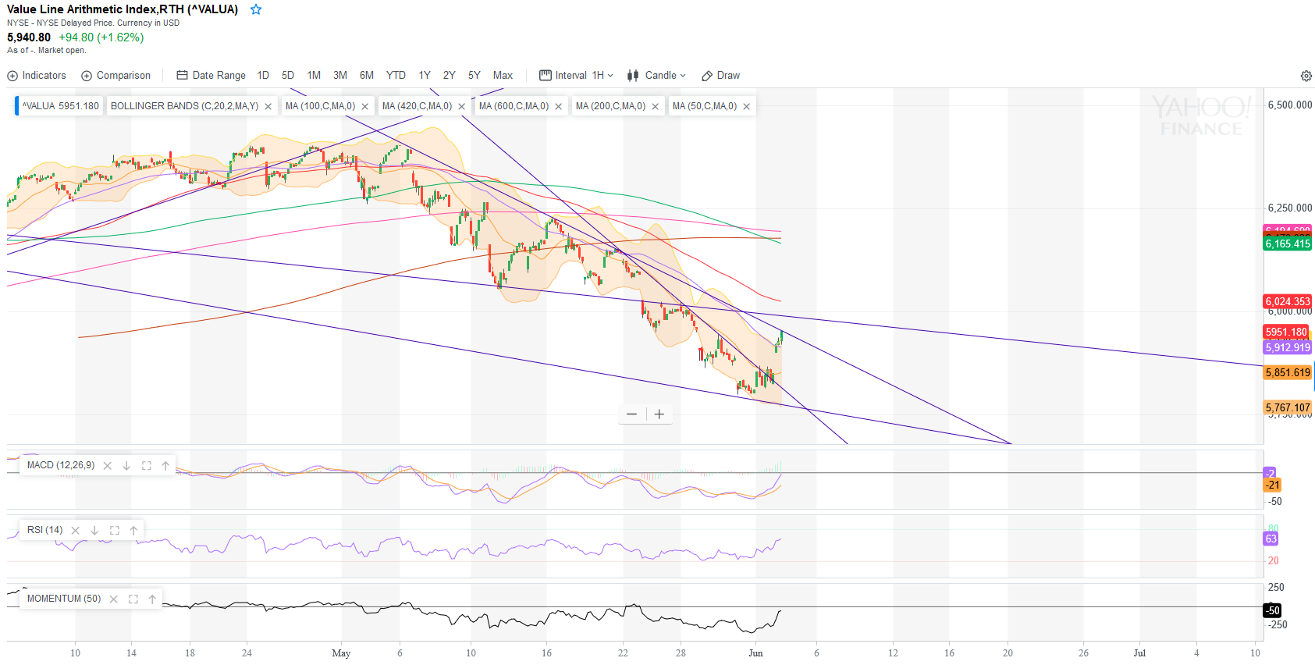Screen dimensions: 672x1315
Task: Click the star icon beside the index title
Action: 256,9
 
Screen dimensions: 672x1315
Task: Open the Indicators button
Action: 37,76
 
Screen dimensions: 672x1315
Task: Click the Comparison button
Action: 116,76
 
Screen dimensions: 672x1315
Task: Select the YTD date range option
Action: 396,76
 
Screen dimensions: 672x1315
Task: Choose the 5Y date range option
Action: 474,76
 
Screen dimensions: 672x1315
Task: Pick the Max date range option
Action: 503,76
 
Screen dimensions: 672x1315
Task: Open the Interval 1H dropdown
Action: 577,76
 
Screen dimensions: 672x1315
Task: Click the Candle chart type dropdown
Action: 657,76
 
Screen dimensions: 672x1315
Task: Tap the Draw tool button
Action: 720,76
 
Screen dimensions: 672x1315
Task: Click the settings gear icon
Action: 1306,76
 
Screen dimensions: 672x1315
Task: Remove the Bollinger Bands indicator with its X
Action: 268,107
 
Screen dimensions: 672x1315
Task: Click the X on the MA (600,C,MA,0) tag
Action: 559,107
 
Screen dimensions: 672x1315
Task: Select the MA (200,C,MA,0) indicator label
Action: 610,106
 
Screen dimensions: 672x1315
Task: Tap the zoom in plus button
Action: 659,414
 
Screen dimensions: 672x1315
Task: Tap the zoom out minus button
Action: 631,414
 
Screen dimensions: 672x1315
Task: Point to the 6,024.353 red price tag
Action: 1288,301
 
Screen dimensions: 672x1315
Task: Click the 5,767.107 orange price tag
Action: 1288,407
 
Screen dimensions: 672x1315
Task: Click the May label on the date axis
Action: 341,653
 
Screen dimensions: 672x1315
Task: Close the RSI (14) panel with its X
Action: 76,531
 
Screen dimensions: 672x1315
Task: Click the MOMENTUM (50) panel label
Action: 64,599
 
